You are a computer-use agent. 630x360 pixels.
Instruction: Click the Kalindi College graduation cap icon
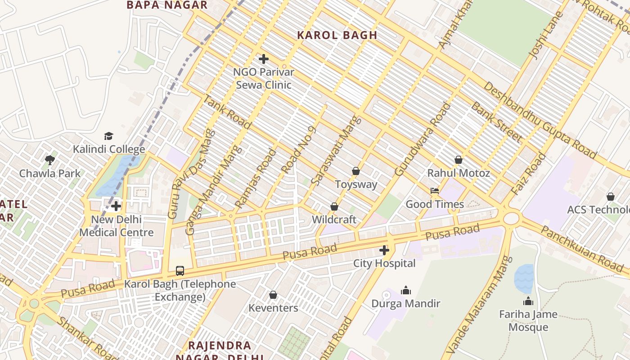click(108, 136)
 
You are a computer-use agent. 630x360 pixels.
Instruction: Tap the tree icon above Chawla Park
click(50, 160)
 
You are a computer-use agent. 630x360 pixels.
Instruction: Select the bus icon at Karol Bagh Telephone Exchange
click(180, 270)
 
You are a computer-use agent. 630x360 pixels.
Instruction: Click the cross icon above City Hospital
click(384, 250)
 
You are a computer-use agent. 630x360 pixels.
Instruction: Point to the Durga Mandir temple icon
click(406, 290)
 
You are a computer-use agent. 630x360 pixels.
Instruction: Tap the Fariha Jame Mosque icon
click(528, 301)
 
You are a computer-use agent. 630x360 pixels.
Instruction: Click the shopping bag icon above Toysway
click(356, 171)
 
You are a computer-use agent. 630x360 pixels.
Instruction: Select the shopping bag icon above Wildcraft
click(334, 207)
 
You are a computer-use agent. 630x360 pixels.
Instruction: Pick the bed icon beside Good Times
click(435, 191)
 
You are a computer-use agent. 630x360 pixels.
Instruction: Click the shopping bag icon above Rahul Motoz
click(459, 160)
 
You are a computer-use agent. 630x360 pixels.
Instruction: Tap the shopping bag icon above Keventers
click(273, 295)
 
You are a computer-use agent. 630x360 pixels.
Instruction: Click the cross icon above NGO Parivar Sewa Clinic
click(264, 59)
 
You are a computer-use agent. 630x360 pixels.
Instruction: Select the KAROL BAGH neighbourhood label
click(337, 35)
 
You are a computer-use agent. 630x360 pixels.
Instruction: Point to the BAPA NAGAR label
click(167, 5)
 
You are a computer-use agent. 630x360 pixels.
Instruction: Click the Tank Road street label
click(221, 108)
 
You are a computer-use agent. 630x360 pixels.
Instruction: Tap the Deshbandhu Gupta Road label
click(540, 121)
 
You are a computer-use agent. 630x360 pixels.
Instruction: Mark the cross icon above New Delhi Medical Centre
click(116, 206)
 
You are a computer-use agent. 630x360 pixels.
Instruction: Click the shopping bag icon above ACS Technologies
click(610, 197)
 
